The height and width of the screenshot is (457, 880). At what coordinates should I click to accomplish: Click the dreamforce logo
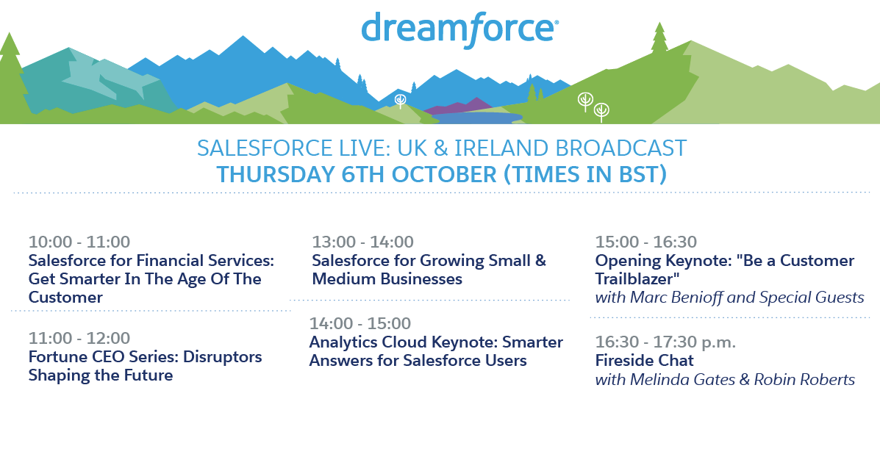pyautogui.click(x=459, y=29)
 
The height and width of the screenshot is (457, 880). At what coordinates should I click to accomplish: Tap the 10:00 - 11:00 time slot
pyautogui.click(x=79, y=242)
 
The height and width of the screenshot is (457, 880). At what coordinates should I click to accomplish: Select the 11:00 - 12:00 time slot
pyautogui.click(x=79, y=338)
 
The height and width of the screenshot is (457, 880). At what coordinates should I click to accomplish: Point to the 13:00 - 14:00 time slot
pyautogui.click(x=362, y=242)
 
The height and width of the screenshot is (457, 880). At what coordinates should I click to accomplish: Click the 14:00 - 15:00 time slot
pyautogui.click(x=359, y=323)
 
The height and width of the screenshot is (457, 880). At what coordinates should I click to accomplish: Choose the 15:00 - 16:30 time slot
pyautogui.click(x=646, y=242)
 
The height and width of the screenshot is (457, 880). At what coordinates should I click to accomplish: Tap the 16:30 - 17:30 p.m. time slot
pyautogui.click(x=665, y=342)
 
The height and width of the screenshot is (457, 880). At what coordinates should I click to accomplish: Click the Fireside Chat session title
pyautogui.click(x=644, y=361)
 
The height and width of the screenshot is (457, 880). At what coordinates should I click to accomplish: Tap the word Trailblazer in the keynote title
pyautogui.click(x=635, y=279)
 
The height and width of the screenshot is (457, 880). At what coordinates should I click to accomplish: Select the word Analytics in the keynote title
pyautogui.click(x=343, y=342)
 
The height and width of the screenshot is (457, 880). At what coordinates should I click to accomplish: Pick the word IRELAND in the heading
pyautogui.click(x=501, y=148)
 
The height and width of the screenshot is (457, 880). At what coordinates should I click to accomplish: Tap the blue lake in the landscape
pyautogui.click(x=477, y=118)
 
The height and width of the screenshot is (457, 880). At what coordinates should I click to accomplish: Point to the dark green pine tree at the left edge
pyautogui.click(x=11, y=76)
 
